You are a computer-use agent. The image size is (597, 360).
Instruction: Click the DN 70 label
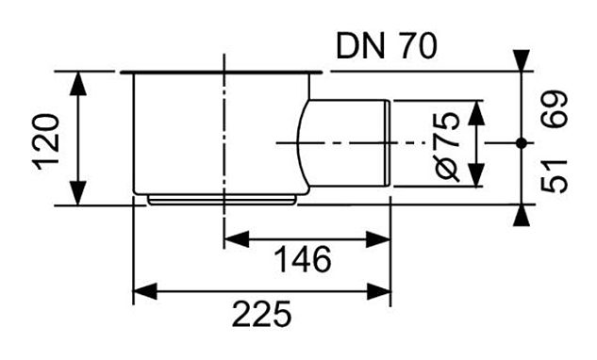(x=387, y=46)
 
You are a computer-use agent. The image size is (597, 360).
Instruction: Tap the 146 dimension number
(x=303, y=259)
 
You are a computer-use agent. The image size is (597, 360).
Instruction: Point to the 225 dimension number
(x=261, y=314)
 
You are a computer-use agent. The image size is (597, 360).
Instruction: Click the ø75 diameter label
(x=448, y=146)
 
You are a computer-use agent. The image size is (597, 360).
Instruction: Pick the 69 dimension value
(x=555, y=108)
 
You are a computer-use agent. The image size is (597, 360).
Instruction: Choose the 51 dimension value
(x=555, y=175)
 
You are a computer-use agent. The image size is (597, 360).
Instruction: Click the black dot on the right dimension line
(x=522, y=143)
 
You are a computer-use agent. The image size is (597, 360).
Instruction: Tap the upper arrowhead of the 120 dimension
(x=78, y=83)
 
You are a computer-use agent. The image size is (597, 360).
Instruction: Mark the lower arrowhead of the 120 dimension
(x=78, y=193)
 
